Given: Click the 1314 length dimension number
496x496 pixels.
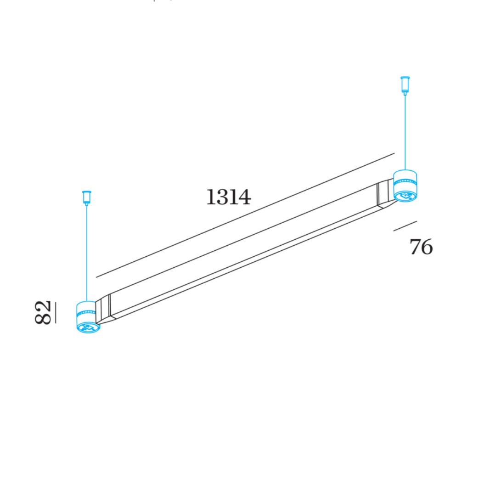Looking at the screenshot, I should (x=228, y=197).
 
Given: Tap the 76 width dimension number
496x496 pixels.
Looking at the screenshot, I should (x=421, y=247).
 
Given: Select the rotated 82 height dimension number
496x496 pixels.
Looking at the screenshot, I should (x=44, y=313).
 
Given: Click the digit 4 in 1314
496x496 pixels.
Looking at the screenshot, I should (x=244, y=197).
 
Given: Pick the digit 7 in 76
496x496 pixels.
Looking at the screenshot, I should (x=415, y=247).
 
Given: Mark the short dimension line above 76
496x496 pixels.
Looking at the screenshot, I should (x=405, y=226).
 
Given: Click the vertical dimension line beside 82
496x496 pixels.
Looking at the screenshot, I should (x=55, y=313).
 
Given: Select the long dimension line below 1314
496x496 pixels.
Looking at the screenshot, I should (x=245, y=215).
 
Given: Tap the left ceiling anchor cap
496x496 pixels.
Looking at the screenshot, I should (x=86, y=197).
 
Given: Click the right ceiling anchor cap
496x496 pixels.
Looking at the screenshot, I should (x=405, y=84).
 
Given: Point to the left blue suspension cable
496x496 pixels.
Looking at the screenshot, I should (x=86, y=253).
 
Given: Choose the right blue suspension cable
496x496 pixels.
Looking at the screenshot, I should (x=405, y=133).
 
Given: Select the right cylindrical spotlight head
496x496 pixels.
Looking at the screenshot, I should (x=405, y=182).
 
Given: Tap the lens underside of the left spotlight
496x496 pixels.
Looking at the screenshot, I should (x=87, y=327).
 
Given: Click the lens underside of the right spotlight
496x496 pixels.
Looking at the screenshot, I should (x=406, y=196).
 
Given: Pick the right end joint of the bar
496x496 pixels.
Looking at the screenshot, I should (x=383, y=195).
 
